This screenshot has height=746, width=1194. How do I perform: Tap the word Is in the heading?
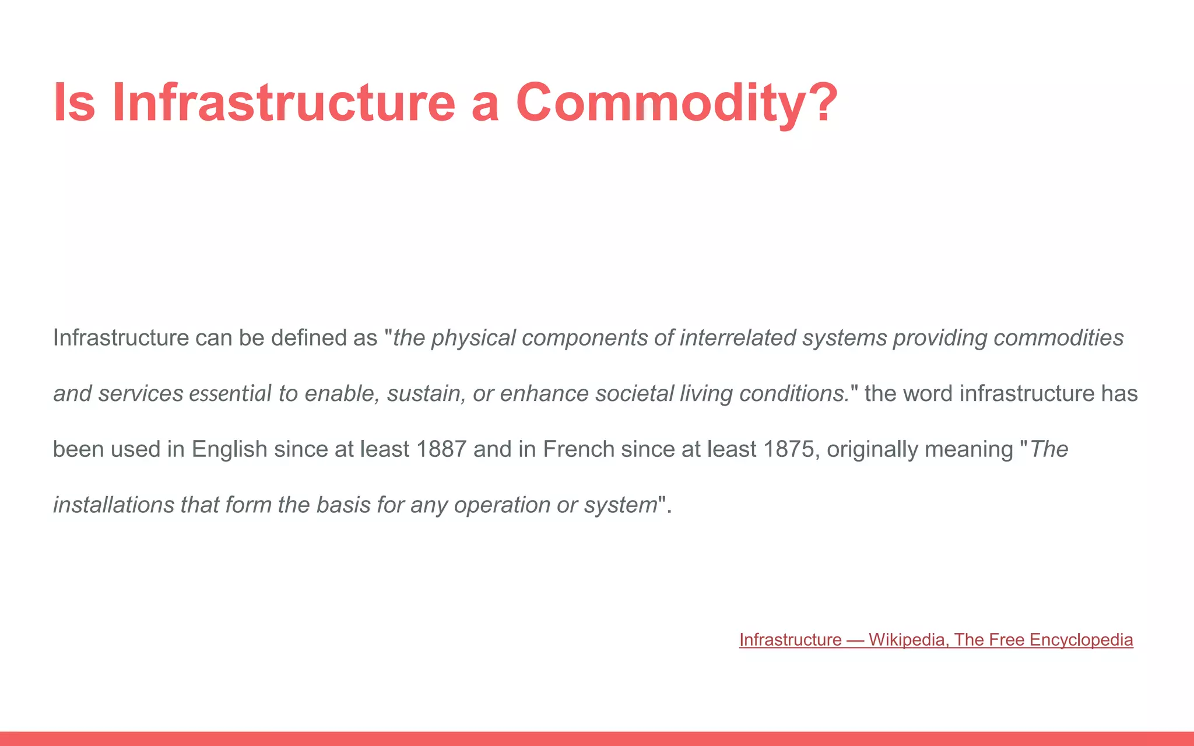click(74, 103)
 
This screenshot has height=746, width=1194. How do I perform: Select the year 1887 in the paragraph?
click(441, 449)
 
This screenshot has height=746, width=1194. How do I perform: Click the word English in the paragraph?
click(229, 449)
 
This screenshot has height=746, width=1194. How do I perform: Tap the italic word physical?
click(473, 338)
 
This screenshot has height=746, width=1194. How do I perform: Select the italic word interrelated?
click(738, 338)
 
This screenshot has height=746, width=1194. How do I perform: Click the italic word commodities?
click(1058, 338)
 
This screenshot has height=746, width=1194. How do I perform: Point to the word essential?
click(230, 394)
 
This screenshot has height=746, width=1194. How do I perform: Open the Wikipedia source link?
click(936, 640)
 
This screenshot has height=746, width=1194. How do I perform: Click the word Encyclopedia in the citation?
click(1081, 640)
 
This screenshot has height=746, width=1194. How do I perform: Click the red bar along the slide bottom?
click(597, 738)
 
